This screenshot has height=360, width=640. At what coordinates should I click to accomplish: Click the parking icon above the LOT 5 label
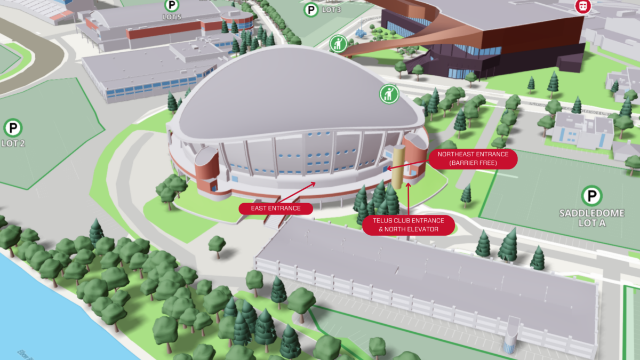[172, 6]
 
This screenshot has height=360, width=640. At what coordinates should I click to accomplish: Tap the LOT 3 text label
[331, 10]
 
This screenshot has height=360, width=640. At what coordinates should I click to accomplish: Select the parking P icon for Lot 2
[13, 129]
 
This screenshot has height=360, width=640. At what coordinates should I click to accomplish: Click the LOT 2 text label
[13, 143]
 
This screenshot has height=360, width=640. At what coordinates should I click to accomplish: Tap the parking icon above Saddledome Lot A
[591, 196]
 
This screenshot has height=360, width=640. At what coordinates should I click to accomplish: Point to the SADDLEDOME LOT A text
[592, 218]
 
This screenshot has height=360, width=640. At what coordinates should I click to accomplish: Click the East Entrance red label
[275, 208]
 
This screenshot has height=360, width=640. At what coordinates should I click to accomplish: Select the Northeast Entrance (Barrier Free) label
[473, 158]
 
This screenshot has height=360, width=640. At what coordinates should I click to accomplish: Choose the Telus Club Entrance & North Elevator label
[408, 225]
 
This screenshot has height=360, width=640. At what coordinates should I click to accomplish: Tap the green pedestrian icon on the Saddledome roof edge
[389, 94]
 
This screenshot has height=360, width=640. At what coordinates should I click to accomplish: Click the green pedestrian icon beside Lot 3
[338, 44]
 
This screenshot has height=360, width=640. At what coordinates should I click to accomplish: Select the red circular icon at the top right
[583, 6]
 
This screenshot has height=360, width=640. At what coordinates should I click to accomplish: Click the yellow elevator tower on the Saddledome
[398, 165]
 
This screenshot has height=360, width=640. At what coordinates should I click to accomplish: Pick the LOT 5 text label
[172, 17]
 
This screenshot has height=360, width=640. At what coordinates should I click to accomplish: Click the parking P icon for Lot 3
[311, 10]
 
